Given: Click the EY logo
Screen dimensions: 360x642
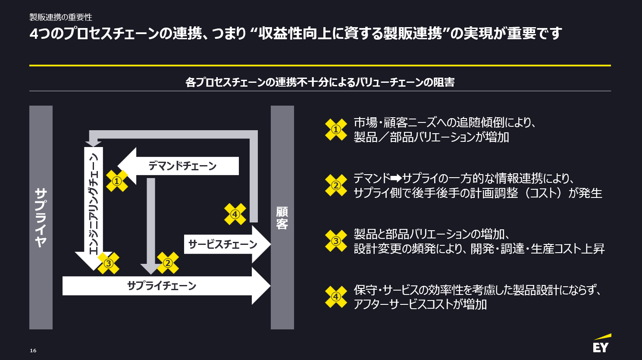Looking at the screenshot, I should (601, 344).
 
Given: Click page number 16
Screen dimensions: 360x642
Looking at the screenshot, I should (33, 351).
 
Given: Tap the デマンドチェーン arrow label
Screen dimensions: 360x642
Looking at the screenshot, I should (182, 166).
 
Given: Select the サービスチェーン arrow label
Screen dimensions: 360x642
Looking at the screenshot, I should (222, 244).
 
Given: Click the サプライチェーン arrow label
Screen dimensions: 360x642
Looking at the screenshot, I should (162, 286).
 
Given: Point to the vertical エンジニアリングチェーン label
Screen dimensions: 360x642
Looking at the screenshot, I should (94, 203).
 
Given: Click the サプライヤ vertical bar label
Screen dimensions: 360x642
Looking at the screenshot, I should (41, 217).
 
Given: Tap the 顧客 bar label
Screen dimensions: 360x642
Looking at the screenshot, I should (282, 218).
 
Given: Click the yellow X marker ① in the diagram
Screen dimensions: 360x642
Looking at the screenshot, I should (117, 181).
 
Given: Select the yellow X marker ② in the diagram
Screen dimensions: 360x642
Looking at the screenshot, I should (168, 263).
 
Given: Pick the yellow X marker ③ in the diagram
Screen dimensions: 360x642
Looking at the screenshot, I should (108, 263).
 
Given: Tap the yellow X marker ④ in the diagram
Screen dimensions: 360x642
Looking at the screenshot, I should (235, 214).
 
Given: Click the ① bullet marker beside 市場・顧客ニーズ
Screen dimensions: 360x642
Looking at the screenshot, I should (336, 129).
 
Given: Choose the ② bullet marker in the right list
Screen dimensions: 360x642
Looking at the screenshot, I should (336, 185).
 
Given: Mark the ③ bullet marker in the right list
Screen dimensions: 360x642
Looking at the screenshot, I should (336, 241).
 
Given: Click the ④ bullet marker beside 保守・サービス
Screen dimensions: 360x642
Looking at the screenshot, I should (336, 297).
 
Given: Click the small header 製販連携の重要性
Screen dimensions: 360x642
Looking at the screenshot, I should (61, 17).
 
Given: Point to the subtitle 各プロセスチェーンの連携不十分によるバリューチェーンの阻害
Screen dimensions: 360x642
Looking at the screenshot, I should (320, 82).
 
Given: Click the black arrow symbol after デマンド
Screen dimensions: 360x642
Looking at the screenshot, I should (396, 178).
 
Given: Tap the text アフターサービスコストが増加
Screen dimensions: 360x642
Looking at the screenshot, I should (420, 304).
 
